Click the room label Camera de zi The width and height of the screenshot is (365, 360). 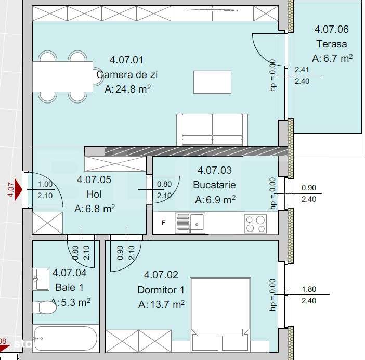[x=127, y=75]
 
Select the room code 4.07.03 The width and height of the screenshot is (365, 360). [x=215, y=170]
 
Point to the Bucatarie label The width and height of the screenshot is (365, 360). [x=215, y=185]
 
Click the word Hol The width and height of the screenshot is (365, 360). [x=94, y=194]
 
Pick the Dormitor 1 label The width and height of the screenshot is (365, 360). [x=161, y=290]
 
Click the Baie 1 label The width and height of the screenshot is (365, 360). [x=69, y=287]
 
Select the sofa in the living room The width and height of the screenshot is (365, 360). [x=213, y=130]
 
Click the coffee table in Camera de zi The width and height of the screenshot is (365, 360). [x=213, y=82]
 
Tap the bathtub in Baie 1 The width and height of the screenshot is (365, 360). [x=64, y=339]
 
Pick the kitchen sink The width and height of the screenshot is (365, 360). [x=197, y=223]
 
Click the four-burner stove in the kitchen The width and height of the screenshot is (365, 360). [x=255, y=224]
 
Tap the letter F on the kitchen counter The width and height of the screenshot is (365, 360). [x=164, y=223]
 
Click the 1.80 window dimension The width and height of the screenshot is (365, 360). [x=309, y=290]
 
